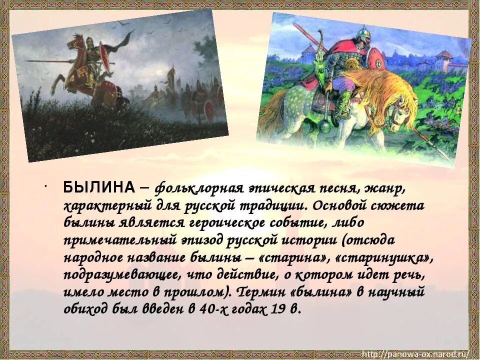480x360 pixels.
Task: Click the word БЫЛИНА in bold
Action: coord(98,188)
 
